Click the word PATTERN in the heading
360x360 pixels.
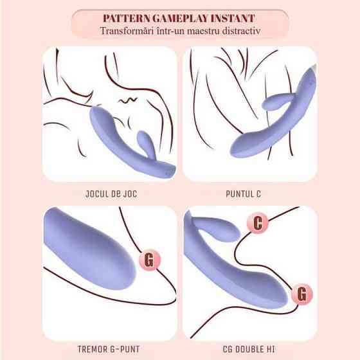click(127, 19)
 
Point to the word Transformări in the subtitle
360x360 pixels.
click(127, 31)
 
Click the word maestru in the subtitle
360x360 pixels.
click(203, 31)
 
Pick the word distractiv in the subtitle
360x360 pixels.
click(241, 31)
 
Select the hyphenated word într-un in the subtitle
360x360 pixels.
click(170, 31)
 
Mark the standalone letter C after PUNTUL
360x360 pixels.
click(258, 194)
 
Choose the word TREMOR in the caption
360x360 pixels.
click(91, 349)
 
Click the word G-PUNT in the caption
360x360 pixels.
click(125, 349)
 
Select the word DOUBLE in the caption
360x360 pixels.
click(249, 349)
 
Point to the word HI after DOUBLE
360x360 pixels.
click(271, 349)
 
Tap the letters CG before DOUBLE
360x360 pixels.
click(228, 349)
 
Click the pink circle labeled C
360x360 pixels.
click(258, 222)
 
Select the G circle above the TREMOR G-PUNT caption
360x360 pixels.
click(150, 260)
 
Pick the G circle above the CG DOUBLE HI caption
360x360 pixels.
click(302, 294)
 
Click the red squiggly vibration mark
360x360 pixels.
click(128, 100)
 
